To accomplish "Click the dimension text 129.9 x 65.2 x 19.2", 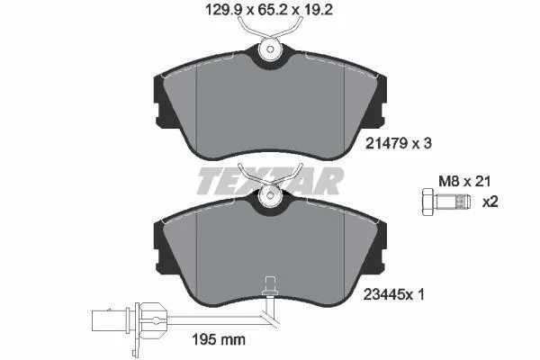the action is tap(268, 10).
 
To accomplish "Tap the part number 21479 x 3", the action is tap(398, 143).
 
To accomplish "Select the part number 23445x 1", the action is tap(393, 294).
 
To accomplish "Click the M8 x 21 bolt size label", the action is tap(464, 181).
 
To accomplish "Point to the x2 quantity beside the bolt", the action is tap(490, 202).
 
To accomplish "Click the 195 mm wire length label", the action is tap(219, 340).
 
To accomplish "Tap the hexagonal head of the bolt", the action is tap(428, 202).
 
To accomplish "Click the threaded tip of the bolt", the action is tap(463, 202).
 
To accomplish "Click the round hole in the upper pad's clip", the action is tap(270, 49).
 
